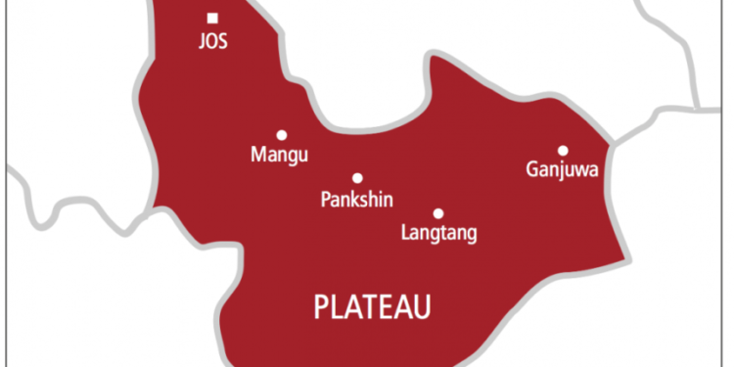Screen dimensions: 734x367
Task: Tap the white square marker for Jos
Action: (x=212, y=18)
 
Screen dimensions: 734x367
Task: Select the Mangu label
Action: (x=280, y=155)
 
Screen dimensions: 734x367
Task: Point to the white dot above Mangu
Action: (x=282, y=135)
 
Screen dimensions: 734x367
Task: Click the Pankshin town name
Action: (x=356, y=199)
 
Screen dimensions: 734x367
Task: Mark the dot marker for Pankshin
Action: (x=357, y=178)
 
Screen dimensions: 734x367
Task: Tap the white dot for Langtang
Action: (x=438, y=212)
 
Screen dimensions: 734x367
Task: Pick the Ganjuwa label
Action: (x=562, y=171)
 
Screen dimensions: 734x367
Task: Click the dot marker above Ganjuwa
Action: (x=563, y=151)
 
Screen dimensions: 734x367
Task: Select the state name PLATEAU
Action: (x=373, y=307)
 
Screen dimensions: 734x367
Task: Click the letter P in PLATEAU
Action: (x=322, y=307)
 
